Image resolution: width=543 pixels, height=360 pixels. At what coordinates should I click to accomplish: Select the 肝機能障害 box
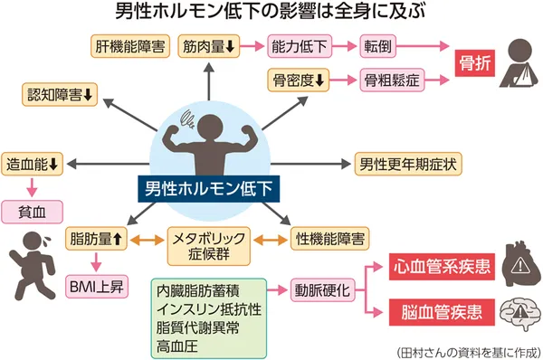129,46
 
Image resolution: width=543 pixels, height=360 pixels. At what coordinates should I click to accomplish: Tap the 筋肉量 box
208,46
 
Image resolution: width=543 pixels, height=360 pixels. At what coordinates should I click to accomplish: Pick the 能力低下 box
300,46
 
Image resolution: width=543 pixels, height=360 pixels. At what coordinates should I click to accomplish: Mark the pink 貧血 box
33,212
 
